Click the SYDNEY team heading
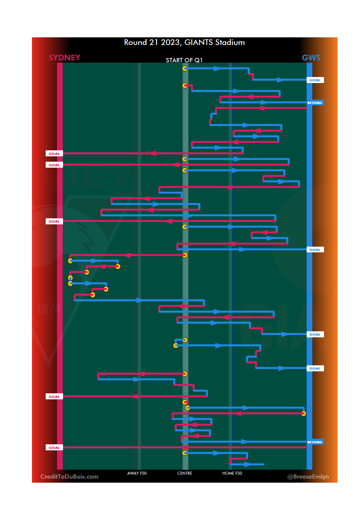64,58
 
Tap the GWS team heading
311,58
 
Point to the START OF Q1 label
184,60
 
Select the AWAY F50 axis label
137,473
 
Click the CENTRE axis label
185,473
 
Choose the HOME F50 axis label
232,473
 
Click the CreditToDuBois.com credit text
69,477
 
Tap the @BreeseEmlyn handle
308,477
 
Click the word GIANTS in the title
198,43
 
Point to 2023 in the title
170,43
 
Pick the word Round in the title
135,43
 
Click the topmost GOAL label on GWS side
315,80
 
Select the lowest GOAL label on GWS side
315,368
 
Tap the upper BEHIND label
315,103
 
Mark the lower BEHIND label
315,442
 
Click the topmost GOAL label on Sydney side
54,154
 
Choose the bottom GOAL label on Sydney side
54,448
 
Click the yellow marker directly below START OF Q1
185,69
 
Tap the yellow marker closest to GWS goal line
303,414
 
